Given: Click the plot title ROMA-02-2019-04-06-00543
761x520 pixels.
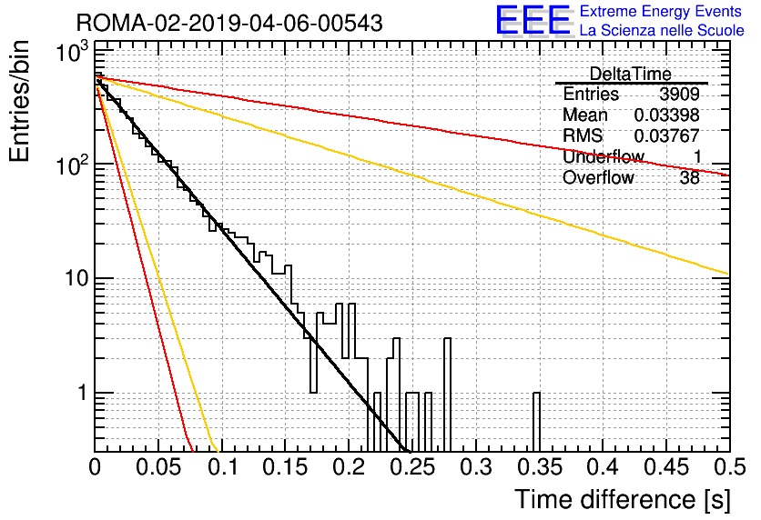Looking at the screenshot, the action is [229, 24].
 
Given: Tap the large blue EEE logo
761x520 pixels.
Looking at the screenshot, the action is [533, 20].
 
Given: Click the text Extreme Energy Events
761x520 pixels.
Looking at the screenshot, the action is [661, 11].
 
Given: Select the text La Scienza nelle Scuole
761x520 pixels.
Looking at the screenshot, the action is [662, 31].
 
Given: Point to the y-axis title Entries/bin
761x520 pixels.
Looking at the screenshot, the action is [19, 102].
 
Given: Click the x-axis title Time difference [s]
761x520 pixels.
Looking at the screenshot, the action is [623, 500].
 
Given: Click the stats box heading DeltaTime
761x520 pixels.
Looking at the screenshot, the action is [631, 75].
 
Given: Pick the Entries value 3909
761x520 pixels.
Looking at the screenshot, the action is [679, 94].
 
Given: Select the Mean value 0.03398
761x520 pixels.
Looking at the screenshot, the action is [667, 115].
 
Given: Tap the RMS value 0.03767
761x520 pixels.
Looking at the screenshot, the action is [667, 135].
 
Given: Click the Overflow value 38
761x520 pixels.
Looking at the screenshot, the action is [690, 178].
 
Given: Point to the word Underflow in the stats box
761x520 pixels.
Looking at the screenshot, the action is [604, 156].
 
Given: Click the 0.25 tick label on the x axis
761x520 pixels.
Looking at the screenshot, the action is [413, 467].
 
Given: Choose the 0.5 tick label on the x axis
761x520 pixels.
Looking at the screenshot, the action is [728, 467].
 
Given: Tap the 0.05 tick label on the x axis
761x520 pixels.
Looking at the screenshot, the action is [158, 467].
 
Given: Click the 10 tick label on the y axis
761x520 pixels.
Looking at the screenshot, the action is [76, 279].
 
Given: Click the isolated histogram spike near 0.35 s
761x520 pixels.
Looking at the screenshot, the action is [536, 422].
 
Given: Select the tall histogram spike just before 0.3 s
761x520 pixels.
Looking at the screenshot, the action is [448, 395].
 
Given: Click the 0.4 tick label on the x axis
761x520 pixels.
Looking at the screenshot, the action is [603, 467].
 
